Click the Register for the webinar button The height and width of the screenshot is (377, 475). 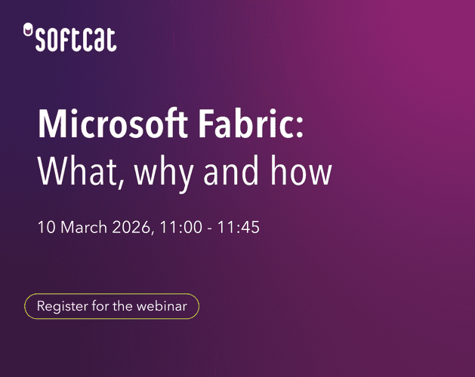pos(112,306)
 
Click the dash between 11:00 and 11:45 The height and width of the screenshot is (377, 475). pos(207,228)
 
